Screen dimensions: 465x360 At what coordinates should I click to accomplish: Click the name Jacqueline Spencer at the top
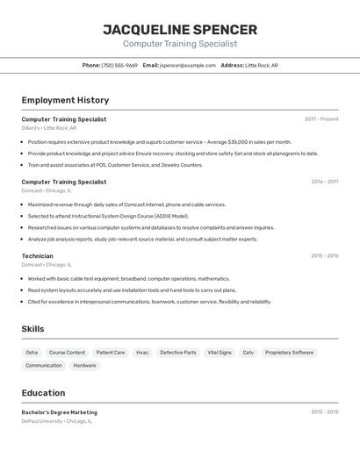[180, 29]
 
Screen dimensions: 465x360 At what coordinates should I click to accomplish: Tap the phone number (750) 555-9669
[119, 65]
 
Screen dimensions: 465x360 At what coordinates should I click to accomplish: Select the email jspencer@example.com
[187, 65]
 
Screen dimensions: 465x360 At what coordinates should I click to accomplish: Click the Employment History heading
[65, 100]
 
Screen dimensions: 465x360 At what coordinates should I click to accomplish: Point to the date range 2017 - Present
[321, 119]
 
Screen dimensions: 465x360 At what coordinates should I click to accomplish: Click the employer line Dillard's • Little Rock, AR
[49, 128]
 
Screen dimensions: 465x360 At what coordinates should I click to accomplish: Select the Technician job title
[38, 255]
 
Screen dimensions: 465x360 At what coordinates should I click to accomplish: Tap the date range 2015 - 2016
[324, 255]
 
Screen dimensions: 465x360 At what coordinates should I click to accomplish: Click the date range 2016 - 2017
[324, 182]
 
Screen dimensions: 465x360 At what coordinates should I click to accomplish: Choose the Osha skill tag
[32, 352]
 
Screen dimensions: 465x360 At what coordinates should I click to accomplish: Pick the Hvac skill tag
[142, 352]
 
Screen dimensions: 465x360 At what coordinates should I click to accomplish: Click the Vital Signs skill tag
[220, 352]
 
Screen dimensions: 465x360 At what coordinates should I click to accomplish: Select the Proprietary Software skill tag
[289, 352]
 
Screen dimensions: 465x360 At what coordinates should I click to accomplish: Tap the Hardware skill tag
[85, 365]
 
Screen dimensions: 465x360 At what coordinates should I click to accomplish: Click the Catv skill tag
[248, 352]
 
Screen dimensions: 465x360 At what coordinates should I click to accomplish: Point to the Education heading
[44, 393]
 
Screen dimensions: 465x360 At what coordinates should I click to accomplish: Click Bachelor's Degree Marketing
[60, 412]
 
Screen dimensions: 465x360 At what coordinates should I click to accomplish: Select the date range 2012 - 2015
[324, 412]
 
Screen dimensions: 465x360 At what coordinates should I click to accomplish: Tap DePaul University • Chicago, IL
[57, 421]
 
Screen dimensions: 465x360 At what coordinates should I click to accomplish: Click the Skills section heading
[33, 329]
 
